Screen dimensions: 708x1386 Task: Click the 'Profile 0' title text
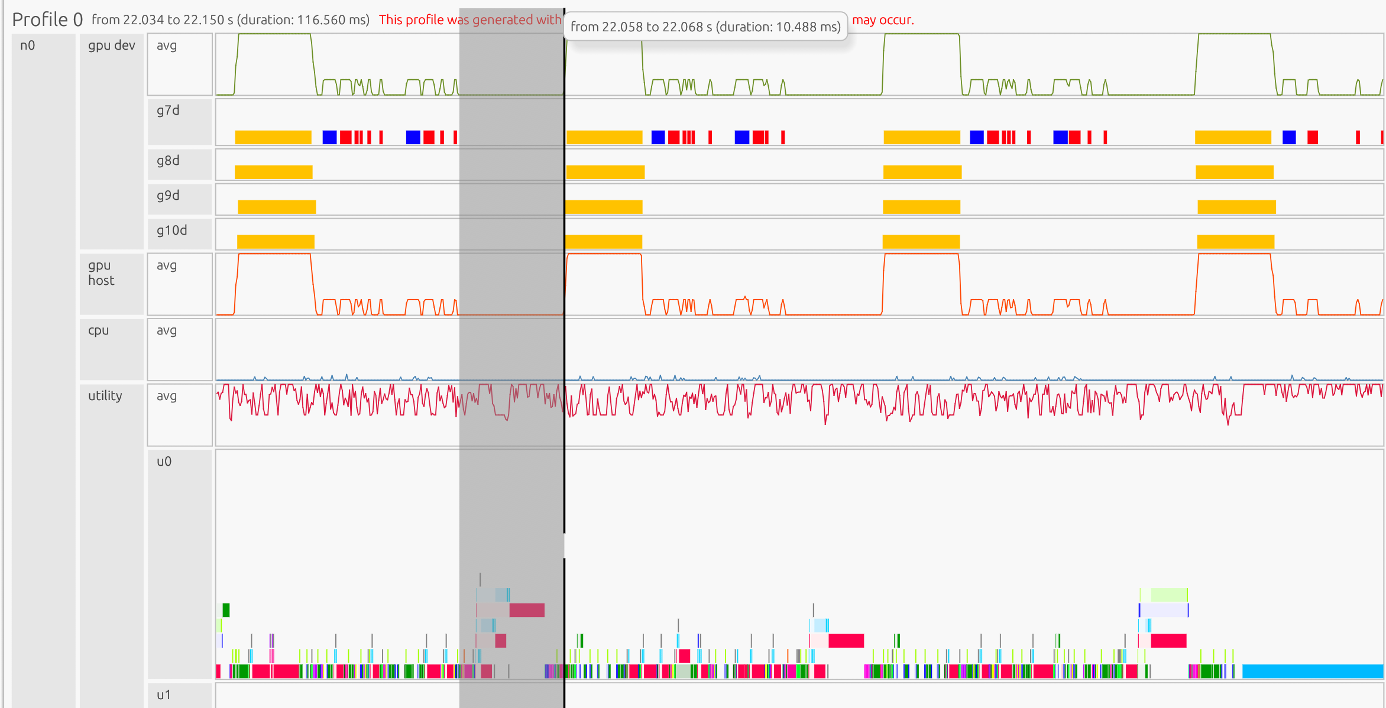[47, 20]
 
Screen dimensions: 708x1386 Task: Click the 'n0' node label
[28, 46]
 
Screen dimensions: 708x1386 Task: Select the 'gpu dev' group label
[111, 46]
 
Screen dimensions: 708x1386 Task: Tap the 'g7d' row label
[168, 111]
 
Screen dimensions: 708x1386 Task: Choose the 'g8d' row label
[168, 161]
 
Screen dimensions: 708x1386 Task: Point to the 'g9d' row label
[168, 196]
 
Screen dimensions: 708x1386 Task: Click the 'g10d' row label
[171, 230]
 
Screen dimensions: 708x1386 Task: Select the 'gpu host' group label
[101, 273]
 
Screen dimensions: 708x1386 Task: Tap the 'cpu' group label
[99, 330]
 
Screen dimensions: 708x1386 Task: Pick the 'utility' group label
[105, 396]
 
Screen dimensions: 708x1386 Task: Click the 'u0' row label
[164, 462]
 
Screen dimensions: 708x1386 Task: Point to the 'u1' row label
[164, 695]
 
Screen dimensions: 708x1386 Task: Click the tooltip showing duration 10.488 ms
[705, 27]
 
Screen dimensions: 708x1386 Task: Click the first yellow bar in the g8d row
[273, 172]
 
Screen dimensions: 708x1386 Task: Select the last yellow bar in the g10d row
[1235, 242]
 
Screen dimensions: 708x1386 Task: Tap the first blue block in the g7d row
[329, 138]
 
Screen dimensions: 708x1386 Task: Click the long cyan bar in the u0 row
[1313, 671]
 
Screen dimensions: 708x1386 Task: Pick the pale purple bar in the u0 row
[1164, 610]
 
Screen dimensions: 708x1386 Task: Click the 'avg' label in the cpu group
[167, 330]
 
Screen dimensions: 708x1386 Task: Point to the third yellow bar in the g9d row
[921, 207]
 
